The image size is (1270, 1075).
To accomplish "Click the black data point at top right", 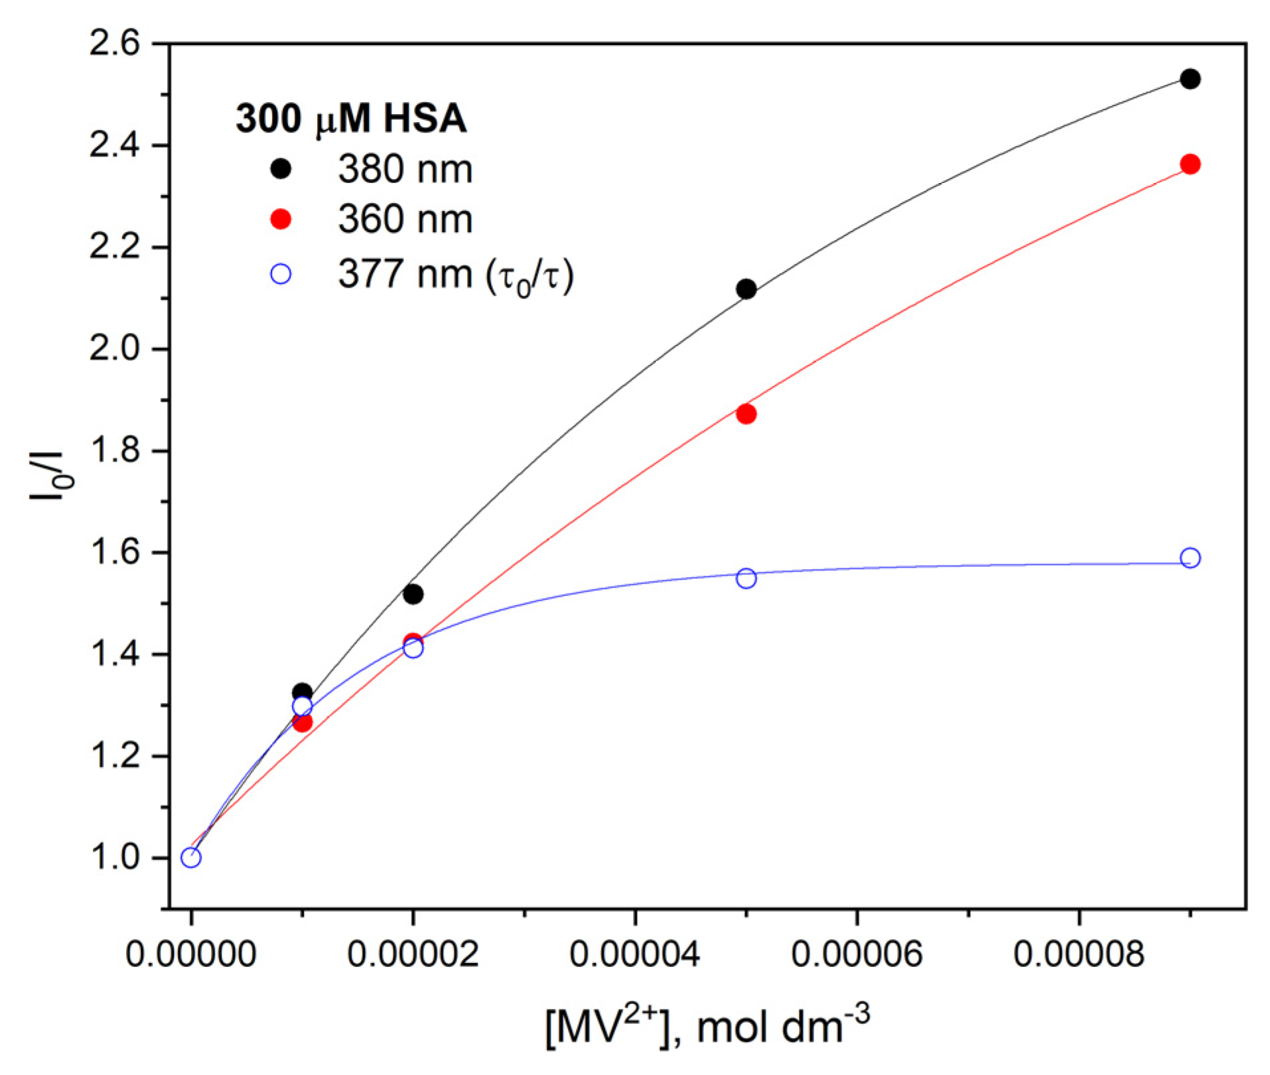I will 1190,79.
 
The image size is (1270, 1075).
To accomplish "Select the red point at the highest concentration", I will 1190,164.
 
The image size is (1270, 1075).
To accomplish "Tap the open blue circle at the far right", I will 1190,558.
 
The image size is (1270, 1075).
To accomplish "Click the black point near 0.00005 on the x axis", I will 746,289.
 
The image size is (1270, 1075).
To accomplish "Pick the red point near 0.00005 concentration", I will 746,414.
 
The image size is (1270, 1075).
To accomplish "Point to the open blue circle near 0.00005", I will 746,578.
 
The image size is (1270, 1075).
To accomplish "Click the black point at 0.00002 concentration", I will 413,594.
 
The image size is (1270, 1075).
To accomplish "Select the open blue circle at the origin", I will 191,857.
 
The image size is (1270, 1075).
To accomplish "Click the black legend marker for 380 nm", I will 281,169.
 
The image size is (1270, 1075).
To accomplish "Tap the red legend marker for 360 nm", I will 281,220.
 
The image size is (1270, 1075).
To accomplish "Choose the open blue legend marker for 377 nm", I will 281,273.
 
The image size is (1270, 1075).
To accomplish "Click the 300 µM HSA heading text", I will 351,119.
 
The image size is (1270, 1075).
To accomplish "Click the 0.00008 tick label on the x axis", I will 1079,954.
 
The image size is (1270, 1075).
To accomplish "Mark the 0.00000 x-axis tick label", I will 191,954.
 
